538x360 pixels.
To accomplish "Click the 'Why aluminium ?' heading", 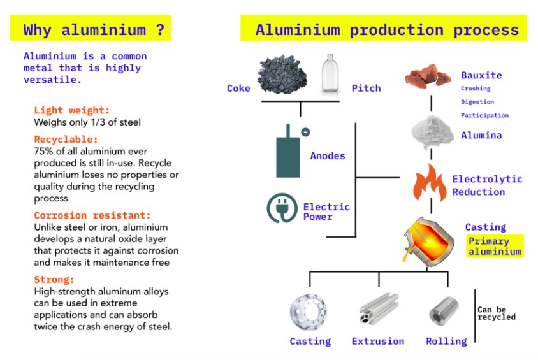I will (x=94, y=29).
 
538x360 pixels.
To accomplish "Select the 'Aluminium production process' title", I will (x=387, y=30).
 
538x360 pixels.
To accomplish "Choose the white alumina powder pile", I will (x=432, y=132).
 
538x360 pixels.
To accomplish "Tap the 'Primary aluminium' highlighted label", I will (x=494, y=246).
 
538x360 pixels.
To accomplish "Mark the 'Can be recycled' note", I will (x=497, y=313).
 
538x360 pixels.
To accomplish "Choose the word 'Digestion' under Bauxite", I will (x=477, y=102).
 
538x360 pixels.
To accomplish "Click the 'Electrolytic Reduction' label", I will (x=488, y=185).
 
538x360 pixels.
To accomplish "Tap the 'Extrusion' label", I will (x=378, y=341).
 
